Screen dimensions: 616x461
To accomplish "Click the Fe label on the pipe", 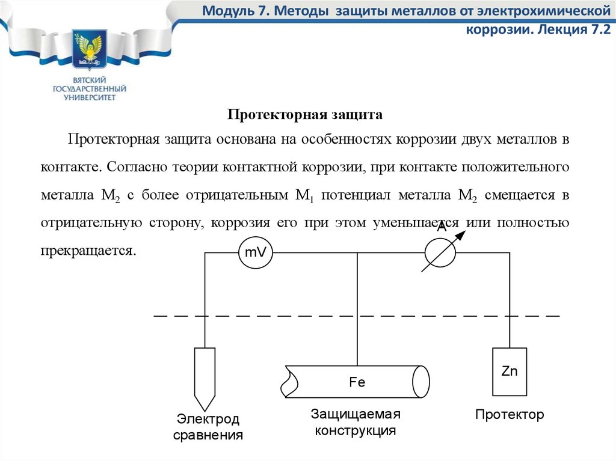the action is (357, 382).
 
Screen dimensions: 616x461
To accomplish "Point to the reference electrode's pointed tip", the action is (205, 411).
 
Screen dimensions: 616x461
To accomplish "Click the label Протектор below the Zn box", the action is (510, 414).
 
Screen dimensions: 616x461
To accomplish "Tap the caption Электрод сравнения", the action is (208, 427).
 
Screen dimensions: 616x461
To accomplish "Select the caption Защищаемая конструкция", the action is (356, 422).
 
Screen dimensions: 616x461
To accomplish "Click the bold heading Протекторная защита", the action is (305, 114).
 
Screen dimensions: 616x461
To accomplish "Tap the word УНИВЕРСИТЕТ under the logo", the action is (90, 97).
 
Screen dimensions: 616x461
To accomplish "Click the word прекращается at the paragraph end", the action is (88, 251).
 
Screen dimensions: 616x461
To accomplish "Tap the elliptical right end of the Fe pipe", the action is (421, 382).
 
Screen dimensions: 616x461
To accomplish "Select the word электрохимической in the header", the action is (544, 11).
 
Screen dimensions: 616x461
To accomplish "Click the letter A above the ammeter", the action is (442, 227).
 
